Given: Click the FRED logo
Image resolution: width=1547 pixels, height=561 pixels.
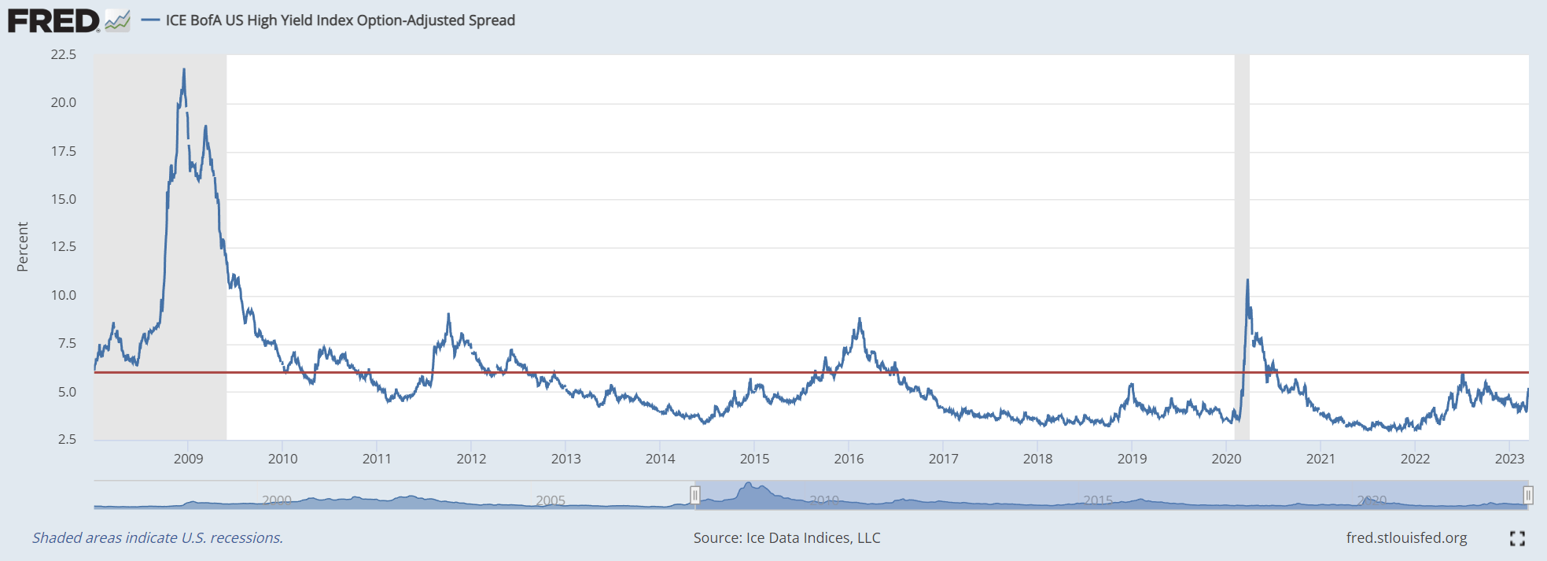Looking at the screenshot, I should (53, 20).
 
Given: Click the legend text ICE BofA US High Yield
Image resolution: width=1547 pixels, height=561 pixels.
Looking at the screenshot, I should (340, 20).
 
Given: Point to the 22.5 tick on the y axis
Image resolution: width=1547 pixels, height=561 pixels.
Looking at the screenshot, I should (64, 54).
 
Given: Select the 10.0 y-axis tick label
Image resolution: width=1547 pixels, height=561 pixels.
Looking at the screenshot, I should (64, 295).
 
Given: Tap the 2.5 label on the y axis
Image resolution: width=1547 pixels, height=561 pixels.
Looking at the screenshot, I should (67, 439).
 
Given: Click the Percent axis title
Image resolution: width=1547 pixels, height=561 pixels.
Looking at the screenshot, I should (22, 246).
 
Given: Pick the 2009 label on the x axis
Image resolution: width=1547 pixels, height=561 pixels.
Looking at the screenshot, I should (188, 459).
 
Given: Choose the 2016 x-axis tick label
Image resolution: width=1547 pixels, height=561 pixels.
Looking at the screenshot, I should (849, 459).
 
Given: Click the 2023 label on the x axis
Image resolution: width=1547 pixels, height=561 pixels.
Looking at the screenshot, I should (1509, 459).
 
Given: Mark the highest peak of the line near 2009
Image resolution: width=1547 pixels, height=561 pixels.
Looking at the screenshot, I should (184, 69).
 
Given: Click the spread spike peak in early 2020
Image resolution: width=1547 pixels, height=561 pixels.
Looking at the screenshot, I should (1247, 280).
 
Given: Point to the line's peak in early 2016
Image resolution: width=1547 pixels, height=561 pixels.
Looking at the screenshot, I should (860, 319).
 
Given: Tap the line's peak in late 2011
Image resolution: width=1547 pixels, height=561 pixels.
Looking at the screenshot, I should (448, 315).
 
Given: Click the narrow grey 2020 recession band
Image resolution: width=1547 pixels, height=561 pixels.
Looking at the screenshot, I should (1242, 197).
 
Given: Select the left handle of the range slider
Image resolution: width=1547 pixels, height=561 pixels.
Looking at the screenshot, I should (695, 495).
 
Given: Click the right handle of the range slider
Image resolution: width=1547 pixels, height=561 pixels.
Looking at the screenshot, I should (1527, 495).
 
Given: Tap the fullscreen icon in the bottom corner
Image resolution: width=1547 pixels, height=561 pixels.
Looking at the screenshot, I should (1517, 538).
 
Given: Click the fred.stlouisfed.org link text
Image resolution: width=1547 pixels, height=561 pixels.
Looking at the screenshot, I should (1406, 537).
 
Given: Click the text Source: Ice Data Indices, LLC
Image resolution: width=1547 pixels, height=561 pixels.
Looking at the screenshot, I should (786, 537).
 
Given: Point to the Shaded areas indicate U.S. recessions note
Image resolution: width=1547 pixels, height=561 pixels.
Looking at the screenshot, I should (157, 537).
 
